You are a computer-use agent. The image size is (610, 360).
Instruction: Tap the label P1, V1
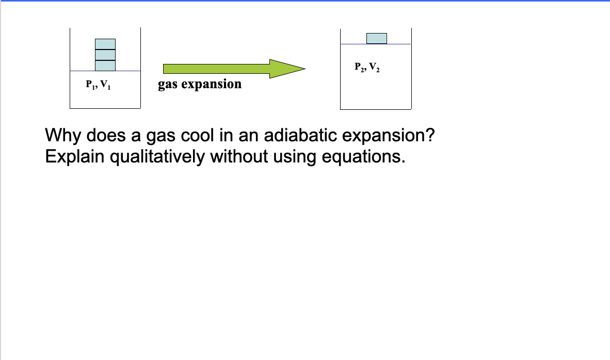tap(98, 85)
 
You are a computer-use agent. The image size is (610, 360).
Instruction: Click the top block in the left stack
tap(105, 44)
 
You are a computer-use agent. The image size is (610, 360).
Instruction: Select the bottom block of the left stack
tap(105, 66)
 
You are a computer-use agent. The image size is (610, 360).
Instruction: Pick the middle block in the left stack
tap(105, 55)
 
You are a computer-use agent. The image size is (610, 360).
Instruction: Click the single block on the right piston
tap(376, 38)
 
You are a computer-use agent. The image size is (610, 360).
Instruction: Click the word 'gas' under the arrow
tap(168, 84)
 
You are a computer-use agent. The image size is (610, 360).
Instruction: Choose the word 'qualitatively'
tap(158, 156)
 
